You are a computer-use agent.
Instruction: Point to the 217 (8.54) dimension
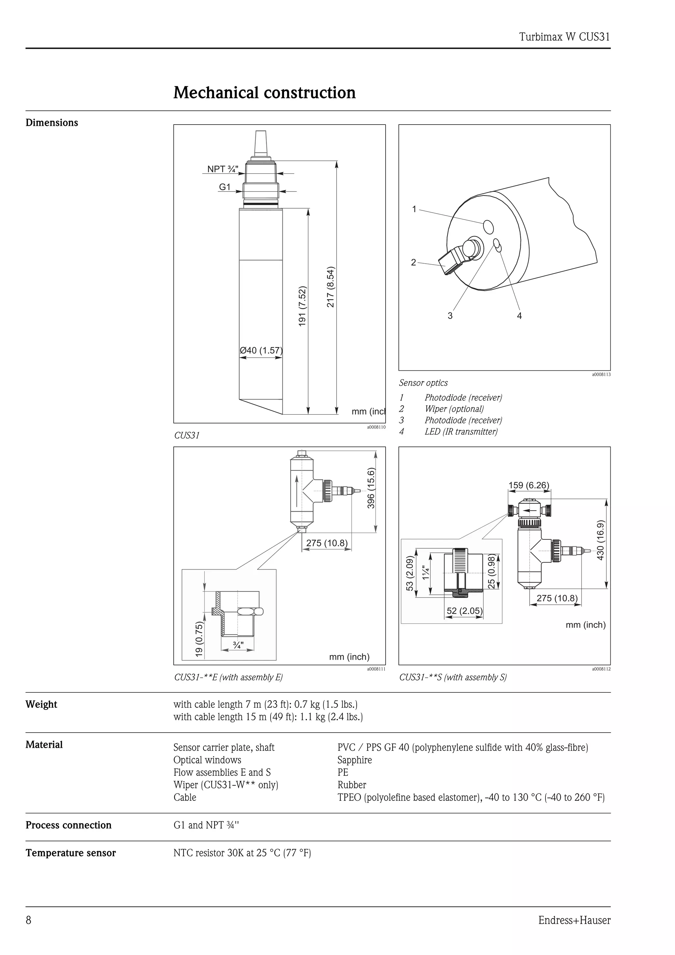(x=330, y=287)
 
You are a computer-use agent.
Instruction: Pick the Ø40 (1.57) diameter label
(x=261, y=350)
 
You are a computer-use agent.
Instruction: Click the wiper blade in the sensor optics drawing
(x=448, y=262)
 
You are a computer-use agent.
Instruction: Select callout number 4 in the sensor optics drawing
(x=519, y=316)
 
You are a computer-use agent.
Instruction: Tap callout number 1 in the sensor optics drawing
(x=414, y=209)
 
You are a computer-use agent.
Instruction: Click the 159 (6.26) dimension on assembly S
(x=529, y=485)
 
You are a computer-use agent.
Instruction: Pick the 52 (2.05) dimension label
(x=464, y=611)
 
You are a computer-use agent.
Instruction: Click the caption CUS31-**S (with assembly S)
(x=453, y=677)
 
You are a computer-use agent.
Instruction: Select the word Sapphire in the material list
(x=354, y=760)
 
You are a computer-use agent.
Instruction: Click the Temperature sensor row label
(x=71, y=853)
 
